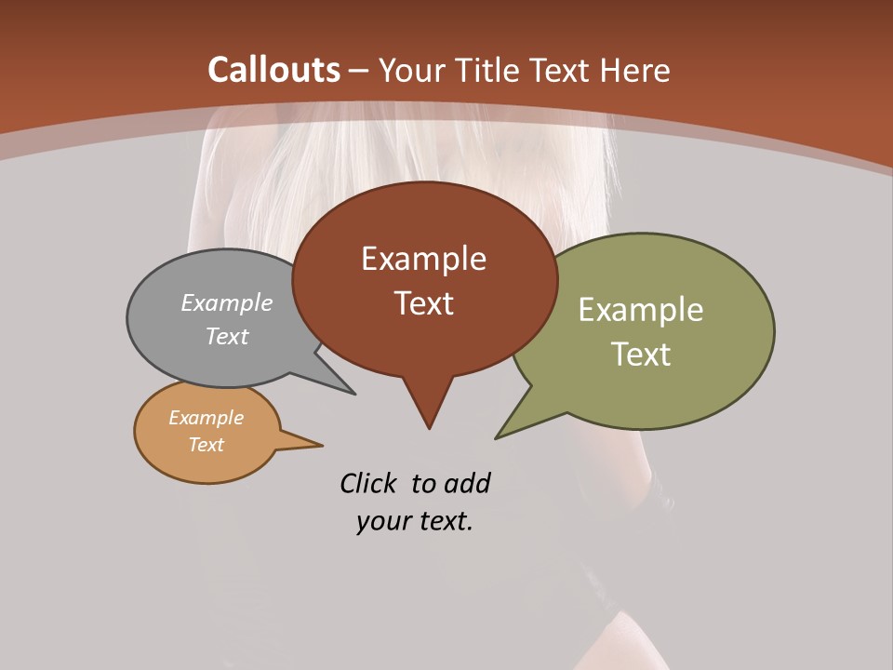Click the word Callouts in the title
tap(274, 70)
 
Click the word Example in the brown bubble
tap(423, 259)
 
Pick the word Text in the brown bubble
tap(423, 303)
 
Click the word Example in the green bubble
tap(641, 310)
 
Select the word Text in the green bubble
tap(641, 355)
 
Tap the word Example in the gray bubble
tap(227, 303)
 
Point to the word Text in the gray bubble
tap(227, 337)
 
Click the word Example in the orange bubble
tap(206, 418)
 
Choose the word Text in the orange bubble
tap(206, 445)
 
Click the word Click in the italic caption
tap(370, 483)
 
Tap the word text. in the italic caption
tap(445, 521)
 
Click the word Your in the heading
tap(411, 71)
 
